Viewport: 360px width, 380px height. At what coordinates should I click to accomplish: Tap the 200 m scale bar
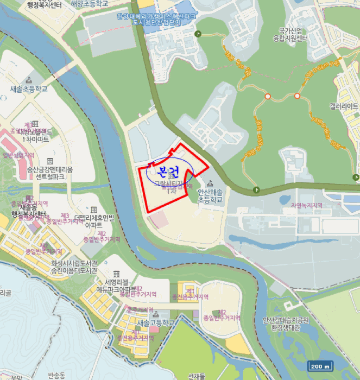(320, 366)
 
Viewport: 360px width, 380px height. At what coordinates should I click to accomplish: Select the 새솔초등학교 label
(29, 88)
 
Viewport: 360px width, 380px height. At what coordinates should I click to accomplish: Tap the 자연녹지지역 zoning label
(306, 206)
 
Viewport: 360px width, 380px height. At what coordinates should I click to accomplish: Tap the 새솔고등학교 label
(156, 322)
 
